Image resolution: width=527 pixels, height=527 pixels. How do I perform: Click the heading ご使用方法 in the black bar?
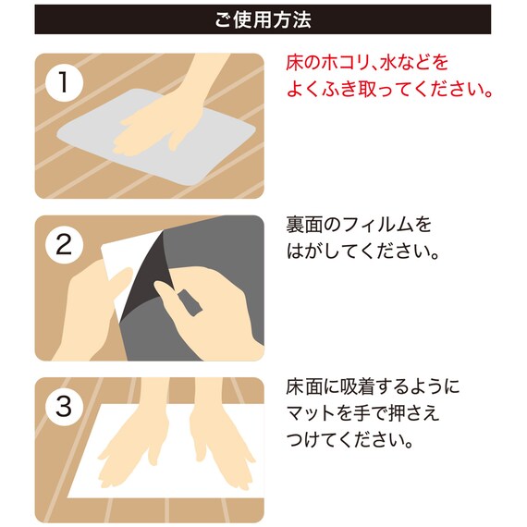pos(263,18)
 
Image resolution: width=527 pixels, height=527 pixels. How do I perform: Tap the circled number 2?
pos(63,244)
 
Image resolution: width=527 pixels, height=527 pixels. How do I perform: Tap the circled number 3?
pos(63,406)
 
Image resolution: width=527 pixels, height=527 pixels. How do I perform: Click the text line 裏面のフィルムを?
pos(360,225)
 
